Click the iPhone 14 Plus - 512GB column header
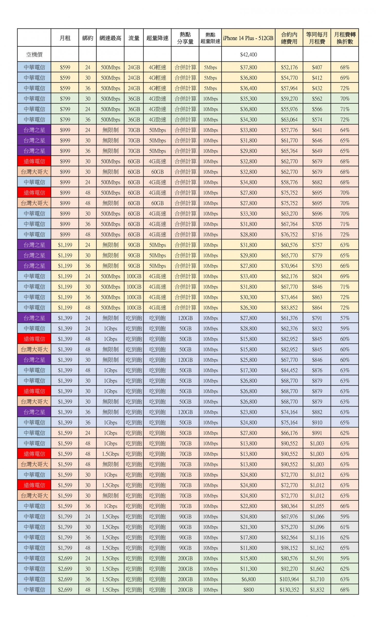248,38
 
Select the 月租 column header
65,38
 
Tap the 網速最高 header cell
110,38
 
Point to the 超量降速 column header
157,38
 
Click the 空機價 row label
34,54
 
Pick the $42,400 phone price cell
248,54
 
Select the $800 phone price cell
248,589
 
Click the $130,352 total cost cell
289,589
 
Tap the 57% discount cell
344,318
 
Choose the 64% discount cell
344,130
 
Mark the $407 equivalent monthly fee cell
317,67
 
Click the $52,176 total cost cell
289,67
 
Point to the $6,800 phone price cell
248,579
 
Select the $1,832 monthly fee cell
317,589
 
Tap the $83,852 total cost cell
289,307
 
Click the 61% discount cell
344,527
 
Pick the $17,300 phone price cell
248,370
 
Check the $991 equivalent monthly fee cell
317,433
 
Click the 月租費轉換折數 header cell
344,38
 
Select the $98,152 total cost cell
289,548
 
